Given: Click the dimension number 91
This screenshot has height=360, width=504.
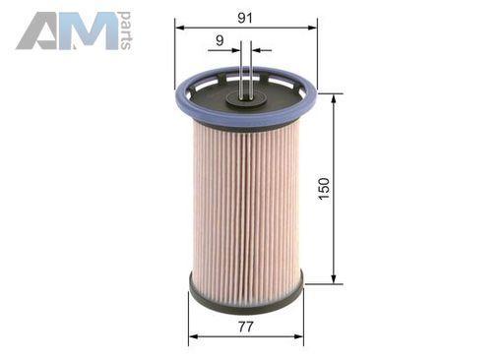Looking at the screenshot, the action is coord(245,18).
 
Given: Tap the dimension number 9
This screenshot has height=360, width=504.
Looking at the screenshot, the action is coord(220,40).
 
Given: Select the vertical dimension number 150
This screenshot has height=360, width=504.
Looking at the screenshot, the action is coord(324,189).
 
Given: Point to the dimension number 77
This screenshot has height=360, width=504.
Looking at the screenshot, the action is coord(246,327).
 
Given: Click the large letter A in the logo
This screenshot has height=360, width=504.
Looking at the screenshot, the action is coord(39,31).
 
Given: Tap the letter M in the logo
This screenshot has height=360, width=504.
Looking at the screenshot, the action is coord(90,31).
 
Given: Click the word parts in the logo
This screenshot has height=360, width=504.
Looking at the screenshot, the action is coord(126,31).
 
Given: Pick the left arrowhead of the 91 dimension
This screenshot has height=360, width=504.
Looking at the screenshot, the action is coord(179,28).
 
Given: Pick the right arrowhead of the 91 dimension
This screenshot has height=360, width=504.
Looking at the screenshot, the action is coord(313,28).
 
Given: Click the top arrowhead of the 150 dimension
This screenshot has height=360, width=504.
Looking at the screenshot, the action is coord(334,98).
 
